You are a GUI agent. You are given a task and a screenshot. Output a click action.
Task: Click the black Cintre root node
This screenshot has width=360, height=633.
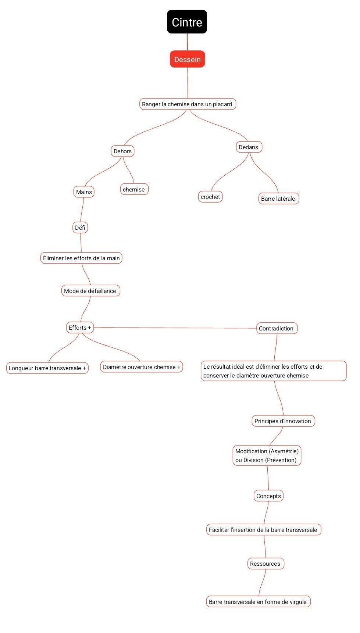pyautogui.click(x=187, y=22)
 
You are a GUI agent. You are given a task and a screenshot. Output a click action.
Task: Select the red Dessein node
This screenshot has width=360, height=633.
pyautogui.click(x=187, y=59)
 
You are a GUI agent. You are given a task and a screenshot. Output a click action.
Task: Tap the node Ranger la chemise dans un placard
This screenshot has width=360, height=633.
pyautogui.click(x=187, y=104)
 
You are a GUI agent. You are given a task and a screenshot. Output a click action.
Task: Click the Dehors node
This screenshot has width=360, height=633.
pyautogui.click(x=122, y=151)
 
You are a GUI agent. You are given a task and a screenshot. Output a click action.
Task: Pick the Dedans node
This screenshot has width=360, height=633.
pyautogui.click(x=249, y=147)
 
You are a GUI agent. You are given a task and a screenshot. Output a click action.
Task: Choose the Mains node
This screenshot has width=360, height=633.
pyautogui.click(x=84, y=192)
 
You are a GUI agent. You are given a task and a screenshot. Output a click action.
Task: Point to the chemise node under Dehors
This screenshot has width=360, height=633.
pyautogui.click(x=134, y=189)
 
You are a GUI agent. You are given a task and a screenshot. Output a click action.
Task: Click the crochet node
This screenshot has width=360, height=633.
pyautogui.click(x=210, y=197)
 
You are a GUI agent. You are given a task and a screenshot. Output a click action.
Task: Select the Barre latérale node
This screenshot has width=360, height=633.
pyautogui.click(x=278, y=199)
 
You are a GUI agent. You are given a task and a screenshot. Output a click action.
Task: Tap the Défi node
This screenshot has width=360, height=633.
pyautogui.click(x=80, y=228)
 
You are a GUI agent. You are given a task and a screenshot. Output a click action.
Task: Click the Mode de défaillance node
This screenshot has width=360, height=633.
pyautogui.click(x=90, y=291)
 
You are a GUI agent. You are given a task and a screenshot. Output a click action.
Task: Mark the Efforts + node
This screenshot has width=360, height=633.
pyautogui.click(x=80, y=328)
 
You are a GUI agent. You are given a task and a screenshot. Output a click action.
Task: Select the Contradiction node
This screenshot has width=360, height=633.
pyautogui.click(x=277, y=328)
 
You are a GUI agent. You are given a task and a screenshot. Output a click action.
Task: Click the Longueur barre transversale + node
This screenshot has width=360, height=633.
pyautogui.click(x=47, y=368)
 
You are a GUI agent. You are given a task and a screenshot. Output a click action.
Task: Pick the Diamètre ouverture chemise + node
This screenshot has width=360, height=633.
pyautogui.click(x=142, y=367)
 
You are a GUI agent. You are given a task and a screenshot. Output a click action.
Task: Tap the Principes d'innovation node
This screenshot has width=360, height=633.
pyautogui.click(x=283, y=421)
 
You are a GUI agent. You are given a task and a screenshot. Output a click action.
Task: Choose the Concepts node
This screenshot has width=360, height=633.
pyautogui.click(x=269, y=496)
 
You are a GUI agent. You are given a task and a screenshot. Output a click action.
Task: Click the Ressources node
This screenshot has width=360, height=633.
pyautogui.click(x=265, y=564)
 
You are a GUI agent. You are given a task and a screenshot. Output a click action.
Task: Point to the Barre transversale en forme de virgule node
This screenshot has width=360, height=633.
pyautogui.click(x=258, y=602)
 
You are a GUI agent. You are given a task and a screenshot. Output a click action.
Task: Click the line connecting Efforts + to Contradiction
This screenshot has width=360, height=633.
pyautogui.click(x=175, y=328)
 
